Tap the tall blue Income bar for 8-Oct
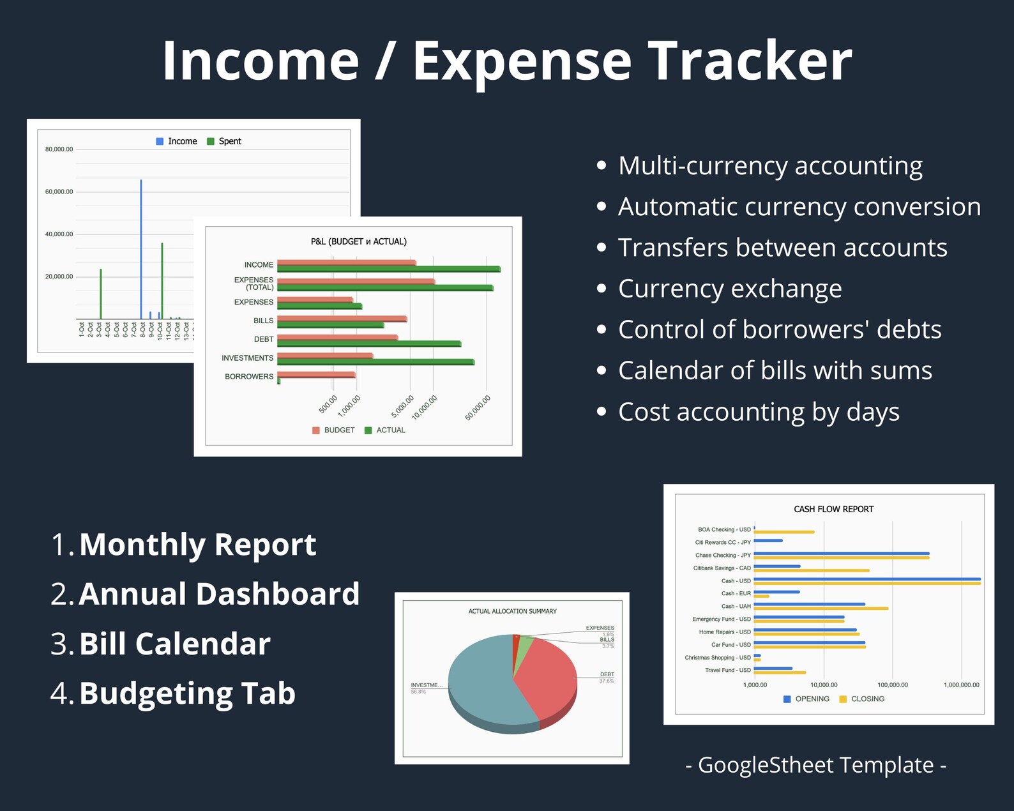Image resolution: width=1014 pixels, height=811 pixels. point(141,249)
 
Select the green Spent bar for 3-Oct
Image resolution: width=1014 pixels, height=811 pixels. point(101,294)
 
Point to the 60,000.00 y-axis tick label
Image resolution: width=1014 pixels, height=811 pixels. point(59,192)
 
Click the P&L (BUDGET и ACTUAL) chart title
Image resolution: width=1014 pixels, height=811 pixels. point(358,241)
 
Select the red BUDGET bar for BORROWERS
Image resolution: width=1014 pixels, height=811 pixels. point(316,374)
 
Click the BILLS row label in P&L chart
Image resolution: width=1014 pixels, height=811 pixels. point(263,321)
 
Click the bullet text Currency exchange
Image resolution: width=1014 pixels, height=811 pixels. point(730,289)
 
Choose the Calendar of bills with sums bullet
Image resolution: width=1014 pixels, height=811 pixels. point(775,370)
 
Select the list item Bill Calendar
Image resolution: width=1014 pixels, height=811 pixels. point(174,644)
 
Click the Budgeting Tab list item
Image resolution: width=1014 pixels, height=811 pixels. point(187,694)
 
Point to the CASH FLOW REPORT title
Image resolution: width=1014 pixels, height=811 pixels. point(833,509)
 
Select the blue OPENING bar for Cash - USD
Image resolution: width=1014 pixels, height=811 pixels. point(866,579)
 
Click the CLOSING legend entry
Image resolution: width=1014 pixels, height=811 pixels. point(867,699)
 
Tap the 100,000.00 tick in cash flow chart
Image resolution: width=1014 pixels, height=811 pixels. point(893,685)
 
